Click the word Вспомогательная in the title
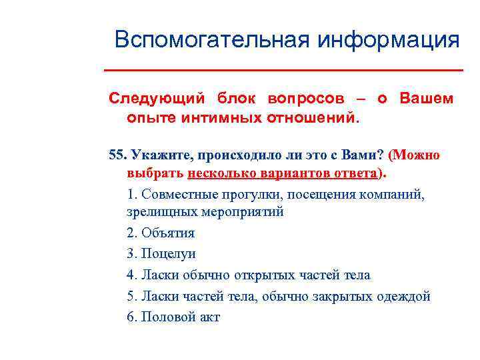point(212,39)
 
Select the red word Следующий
point(157,98)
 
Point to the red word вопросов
point(306,98)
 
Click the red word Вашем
point(426,98)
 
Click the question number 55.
point(117,155)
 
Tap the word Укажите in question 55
point(159,155)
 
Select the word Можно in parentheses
point(417,155)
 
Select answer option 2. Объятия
point(161,233)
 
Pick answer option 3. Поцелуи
point(161,253)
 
